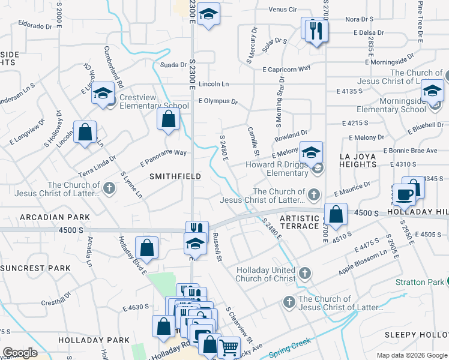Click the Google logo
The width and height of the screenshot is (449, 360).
[20, 353]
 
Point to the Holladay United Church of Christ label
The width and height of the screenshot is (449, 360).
[266, 274]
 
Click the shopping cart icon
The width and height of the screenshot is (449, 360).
[229, 347]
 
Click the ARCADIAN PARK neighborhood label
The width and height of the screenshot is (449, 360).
[55, 217]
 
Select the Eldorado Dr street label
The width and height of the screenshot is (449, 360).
[35, 26]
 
